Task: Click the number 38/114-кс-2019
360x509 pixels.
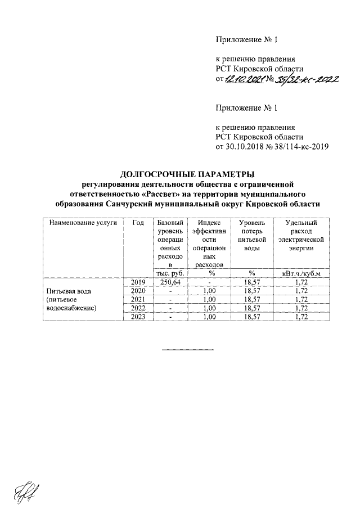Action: click(300, 147)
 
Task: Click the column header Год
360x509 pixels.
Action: click(138, 223)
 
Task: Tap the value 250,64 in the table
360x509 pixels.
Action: click(169, 282)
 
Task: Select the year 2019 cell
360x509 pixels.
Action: click(138, 282)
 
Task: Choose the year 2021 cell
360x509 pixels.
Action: click(138, 300)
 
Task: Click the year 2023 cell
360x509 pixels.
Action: click(138, 318)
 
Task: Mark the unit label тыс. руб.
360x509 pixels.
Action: click(169, 273)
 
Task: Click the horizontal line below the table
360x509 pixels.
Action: click(188, 350)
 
